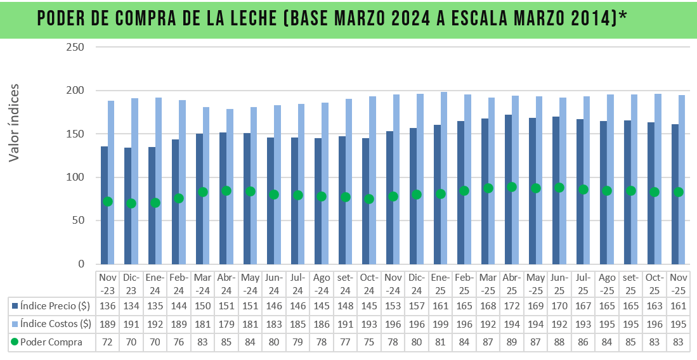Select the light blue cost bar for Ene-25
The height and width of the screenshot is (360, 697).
(x=444, y=177)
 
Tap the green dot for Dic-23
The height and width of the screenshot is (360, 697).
(x=131, y=203)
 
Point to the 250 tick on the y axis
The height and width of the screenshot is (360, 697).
(x=75, y=47)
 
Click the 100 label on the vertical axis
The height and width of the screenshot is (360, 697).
(x=75, y=177)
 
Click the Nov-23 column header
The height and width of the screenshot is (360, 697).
(x=107, y=283)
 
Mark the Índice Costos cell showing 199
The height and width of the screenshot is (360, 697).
(x=440, y=324)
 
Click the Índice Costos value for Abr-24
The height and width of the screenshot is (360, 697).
(x=226, y=324)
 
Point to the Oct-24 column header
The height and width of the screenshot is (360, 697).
(x=369, y=283)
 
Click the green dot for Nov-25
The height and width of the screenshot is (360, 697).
(x=678, y=192)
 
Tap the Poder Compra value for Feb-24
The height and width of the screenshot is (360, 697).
(x=179, y=342)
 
